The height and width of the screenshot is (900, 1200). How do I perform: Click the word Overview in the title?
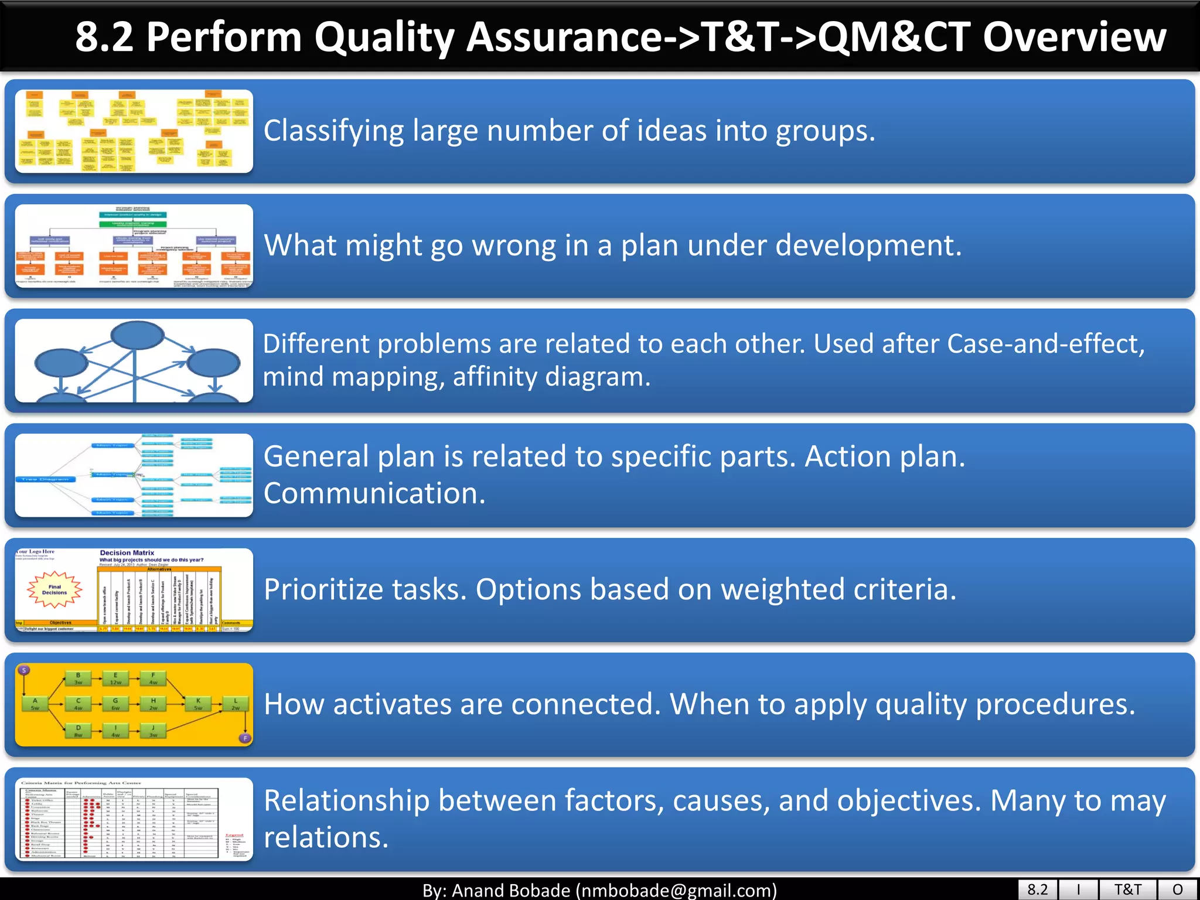1074,37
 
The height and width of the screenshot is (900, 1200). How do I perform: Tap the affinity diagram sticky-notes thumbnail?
134,131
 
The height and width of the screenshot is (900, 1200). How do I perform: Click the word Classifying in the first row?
333,131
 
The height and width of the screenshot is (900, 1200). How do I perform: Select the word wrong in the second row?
514,245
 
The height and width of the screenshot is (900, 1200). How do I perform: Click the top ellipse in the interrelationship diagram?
137,336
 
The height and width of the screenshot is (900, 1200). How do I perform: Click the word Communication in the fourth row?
374,493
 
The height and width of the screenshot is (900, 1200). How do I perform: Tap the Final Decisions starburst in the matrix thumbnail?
54,589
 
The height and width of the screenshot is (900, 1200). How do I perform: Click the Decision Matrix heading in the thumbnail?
127,553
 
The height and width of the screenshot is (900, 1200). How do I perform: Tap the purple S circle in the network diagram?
24,670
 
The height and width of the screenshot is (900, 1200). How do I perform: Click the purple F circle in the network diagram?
246,738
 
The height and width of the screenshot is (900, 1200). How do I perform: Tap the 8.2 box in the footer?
1037,889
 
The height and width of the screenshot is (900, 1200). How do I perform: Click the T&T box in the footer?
1127,889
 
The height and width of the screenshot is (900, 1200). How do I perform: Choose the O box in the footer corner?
1177,889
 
